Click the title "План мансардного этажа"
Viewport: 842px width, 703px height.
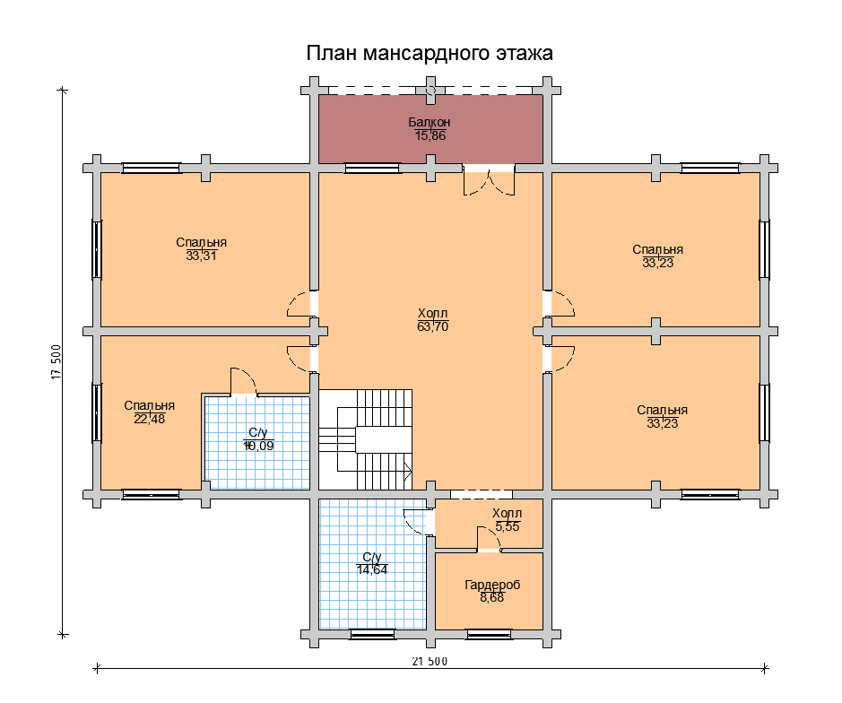(430, 54)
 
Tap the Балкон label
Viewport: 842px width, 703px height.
(429, 122)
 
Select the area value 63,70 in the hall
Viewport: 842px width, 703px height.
(433, 326)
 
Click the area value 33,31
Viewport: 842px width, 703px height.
(202, 256)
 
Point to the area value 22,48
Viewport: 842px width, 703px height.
(149, 419)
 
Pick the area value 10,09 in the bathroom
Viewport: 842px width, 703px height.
(258, 446)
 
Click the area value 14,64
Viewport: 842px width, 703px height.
(372, 569)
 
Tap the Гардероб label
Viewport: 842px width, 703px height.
(492, 585)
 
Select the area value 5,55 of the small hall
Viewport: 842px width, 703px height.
(508, 527)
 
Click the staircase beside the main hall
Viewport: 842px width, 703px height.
(366, 440)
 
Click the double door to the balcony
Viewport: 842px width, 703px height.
(490, 182)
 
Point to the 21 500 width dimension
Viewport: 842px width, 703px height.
(430, 661)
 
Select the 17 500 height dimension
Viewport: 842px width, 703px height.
(56, 362)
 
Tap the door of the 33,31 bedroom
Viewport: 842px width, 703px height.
(300, 305)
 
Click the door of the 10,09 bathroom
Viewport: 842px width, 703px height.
(244, 382)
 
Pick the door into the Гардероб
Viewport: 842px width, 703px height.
(489, 539)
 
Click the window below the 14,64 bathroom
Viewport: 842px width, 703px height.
(372, 635)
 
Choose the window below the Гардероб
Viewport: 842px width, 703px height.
(489, 635)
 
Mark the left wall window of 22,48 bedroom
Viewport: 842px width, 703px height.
(97, 412)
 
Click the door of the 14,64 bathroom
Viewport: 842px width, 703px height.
(418, 522)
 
